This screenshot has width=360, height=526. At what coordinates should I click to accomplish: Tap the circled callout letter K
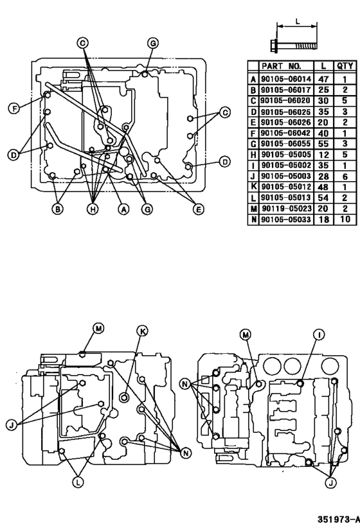point(142,331)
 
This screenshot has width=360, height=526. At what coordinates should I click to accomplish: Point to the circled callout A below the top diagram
point(121,209)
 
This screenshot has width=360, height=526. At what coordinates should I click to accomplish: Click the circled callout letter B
point(58,209)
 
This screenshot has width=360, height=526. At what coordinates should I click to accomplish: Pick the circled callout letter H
point(93,209)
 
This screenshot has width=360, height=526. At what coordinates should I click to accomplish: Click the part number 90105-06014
point(285,79)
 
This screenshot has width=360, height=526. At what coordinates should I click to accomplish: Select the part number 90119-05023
point(285,209)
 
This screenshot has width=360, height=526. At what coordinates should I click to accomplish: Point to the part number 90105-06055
point(285,144)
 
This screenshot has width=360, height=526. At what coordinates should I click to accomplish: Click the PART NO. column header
point(285,66)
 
